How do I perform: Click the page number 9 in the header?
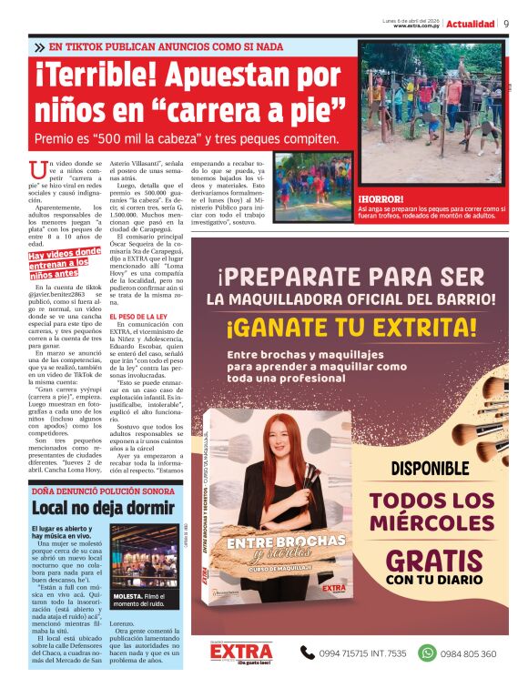coord(506,24)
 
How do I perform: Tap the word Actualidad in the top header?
coord(471,24)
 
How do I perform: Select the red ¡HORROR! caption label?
coord(381,198)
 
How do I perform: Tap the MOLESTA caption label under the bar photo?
coord(126,596)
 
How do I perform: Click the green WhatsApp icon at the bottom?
coord(427,653)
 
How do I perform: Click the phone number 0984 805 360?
coord(470,653)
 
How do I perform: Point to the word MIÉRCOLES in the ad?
coord(432,525)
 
